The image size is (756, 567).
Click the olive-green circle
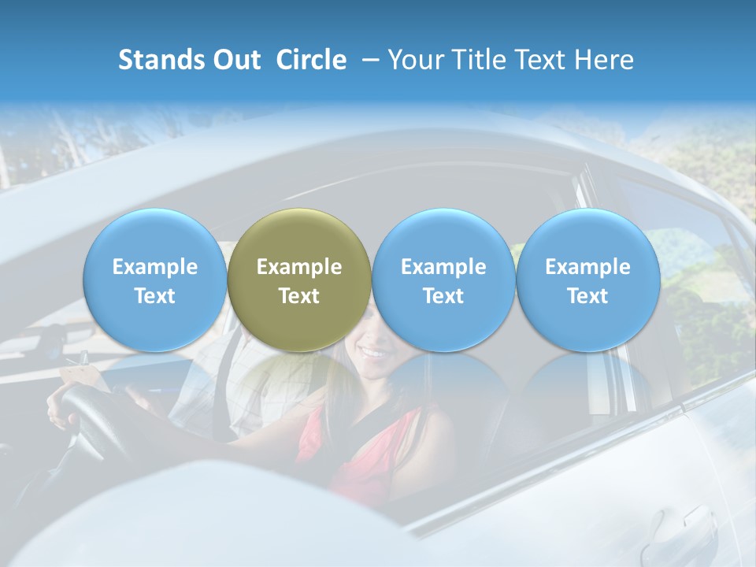point(299,280)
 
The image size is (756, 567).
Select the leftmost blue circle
point(155,280)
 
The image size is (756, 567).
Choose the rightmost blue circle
point(587,280)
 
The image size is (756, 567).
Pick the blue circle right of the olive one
point(443,280)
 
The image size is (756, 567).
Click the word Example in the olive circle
point(299,267)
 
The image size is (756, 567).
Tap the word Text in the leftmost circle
point(155,296)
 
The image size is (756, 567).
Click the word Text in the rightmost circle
point(587,296)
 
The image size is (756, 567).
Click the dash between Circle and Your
point(367,60)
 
